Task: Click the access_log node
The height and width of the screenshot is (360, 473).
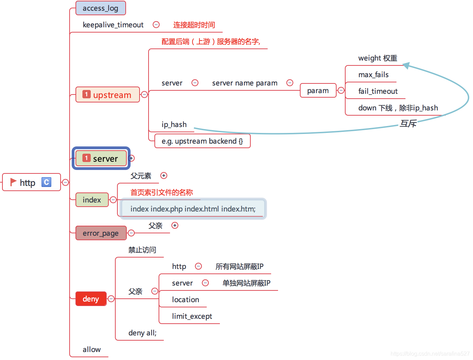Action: coord(100,8)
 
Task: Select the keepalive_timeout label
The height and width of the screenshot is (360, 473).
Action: coord(113,25)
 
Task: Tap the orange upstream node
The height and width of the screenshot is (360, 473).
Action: coord(108,95)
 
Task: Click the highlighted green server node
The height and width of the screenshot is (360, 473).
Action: coord(101,159)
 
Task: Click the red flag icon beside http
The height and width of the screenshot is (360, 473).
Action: coord(13,182)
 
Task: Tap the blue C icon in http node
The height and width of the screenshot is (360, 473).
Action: coord(46,182)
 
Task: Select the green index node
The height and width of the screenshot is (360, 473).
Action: coord(92,200)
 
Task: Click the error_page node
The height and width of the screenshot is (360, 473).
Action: coord(101,233)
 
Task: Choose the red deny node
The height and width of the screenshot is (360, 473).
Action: coord(91,299)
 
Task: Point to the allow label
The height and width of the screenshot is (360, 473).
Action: coord(92,350)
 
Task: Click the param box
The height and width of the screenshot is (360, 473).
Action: coord(318,91)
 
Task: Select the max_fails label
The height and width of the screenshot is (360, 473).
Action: coord(373,75)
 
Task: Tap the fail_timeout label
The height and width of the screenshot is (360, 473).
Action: coord(378,91)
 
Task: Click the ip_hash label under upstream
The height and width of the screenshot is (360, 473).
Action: coord(174,125)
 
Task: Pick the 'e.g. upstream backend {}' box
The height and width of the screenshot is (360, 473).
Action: coord(202,141)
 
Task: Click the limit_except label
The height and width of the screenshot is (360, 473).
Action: coord(192,316)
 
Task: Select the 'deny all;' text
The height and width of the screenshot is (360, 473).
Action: coord(142,333)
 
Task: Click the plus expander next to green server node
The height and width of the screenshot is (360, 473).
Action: coord(132,158)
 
